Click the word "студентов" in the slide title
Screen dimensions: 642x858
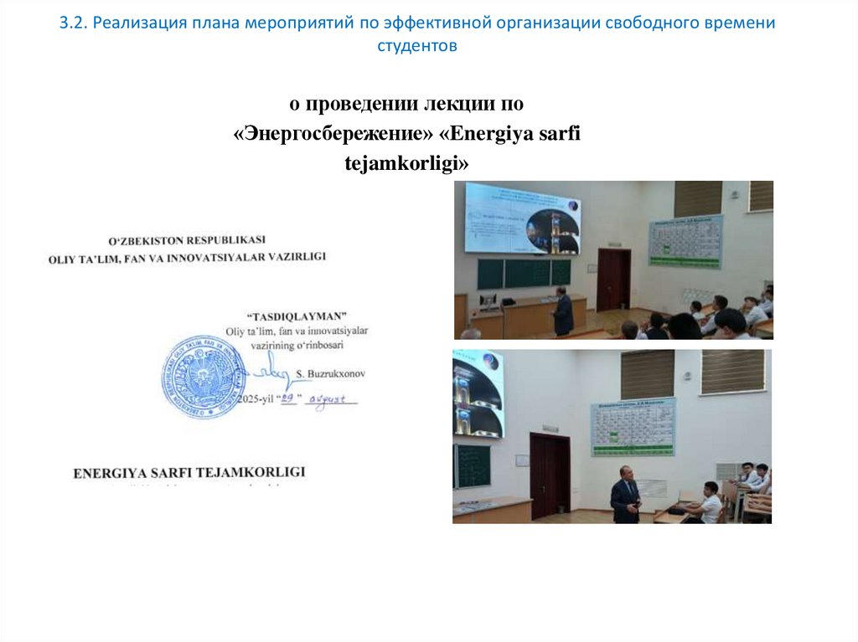click(x=417, y=46)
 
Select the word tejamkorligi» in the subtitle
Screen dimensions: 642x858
click(x=407, y=165)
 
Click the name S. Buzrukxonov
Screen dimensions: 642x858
click(x=332, y=373)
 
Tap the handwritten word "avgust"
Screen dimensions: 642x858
click(x=333, y=399)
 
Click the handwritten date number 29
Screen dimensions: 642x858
click(x=289, y=399)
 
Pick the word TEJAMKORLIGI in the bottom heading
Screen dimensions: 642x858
click(x=251, y=472)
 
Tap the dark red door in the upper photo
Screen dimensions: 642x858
click(x=613, y=280)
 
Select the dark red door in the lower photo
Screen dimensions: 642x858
click(x=550, y=475)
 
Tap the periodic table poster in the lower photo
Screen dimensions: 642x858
click(x=633, y=426)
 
